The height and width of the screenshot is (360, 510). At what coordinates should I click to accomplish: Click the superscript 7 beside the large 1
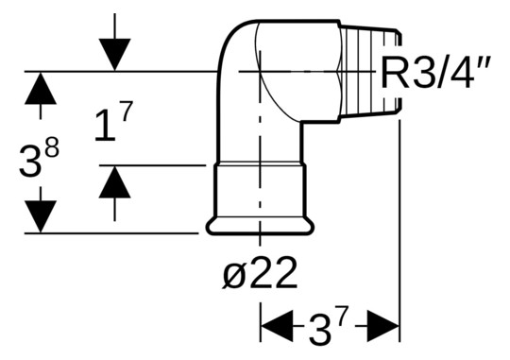(126, 111)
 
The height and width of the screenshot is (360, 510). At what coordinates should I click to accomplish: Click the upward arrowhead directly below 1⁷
(114, 181)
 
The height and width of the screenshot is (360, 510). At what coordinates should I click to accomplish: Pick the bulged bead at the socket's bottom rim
(260, 227)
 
